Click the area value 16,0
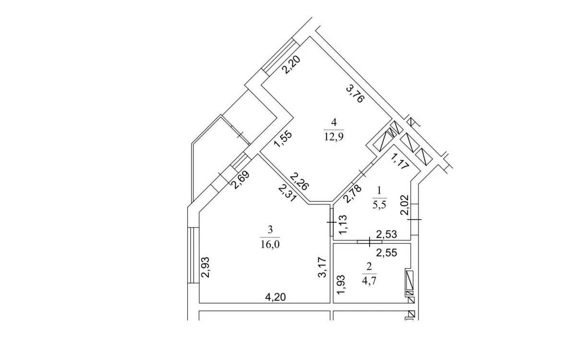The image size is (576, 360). click(x=270, y=244)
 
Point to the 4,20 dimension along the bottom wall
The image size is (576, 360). click(x=276, y=297)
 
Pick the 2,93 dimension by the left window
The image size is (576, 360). click(x=206, y=267)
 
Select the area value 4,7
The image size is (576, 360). click(x=369, y=280)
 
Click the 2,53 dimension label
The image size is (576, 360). click(x=386, y=234)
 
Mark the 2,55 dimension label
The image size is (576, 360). click(x=386, y=253)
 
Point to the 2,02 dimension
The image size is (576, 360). click(x=405, y=205)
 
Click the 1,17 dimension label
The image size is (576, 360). click(x=400, y=161)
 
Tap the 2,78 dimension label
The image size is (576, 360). click(x=352, y=193)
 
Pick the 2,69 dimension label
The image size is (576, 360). click(x=240, y=180)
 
